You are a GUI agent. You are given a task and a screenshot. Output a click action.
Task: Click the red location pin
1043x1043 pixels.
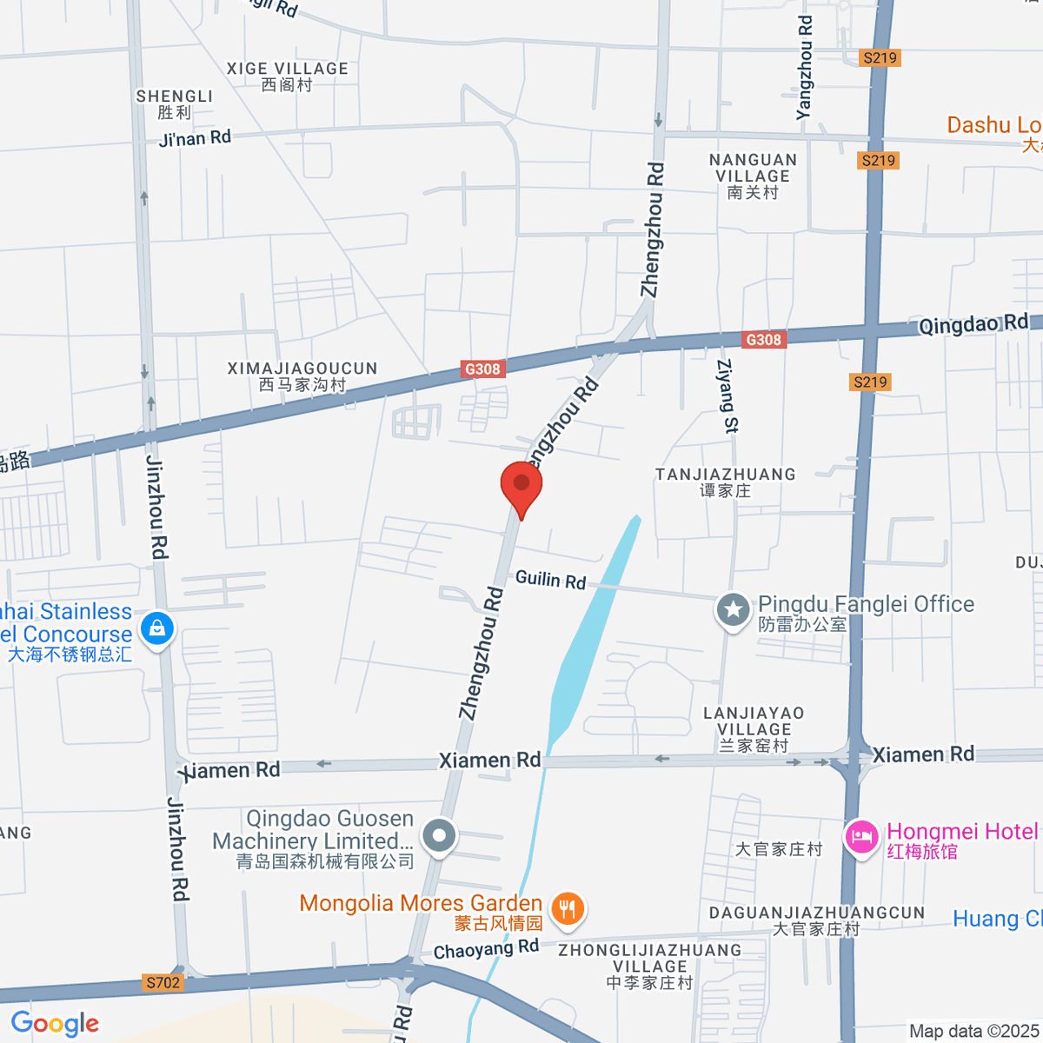tap(521, 485)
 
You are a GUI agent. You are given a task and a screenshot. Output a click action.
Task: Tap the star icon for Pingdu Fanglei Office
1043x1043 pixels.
tap(733, 609)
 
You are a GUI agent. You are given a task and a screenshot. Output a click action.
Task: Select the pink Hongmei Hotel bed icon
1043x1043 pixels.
tap(861, 838)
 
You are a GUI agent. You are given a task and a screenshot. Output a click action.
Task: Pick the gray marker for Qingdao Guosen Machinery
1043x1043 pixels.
tap(439, 836)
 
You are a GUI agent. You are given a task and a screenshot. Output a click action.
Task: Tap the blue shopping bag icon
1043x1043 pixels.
tap(157, 627)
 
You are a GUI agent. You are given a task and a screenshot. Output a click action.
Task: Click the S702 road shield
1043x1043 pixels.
tap(163, 983)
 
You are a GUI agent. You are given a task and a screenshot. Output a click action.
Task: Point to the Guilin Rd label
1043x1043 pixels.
tap(551, 579)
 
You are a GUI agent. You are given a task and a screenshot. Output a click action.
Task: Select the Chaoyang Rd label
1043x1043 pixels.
tap(486, 949)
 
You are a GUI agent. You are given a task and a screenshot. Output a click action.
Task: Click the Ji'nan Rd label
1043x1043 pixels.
tap(195, 138)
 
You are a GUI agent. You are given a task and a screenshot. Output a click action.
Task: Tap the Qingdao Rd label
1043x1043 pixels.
tap(973, 324)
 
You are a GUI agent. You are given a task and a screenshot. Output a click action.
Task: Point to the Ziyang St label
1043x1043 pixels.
tap(727, 395)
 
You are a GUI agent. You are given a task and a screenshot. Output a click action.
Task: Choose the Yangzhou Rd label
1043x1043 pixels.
tap(805, 68)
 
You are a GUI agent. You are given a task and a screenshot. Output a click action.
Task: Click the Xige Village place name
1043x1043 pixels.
tap(287, 76)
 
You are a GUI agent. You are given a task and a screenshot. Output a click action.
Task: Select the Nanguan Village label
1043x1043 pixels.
tap(753, 176)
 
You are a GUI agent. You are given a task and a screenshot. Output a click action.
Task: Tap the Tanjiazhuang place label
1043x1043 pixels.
tap(725, 482)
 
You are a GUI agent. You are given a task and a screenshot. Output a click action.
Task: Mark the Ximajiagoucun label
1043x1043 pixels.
tap(302, 375)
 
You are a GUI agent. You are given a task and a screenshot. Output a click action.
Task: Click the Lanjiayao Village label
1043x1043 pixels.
tap(754, 728)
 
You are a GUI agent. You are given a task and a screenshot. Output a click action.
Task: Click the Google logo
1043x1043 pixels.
tap(55, 1024)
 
